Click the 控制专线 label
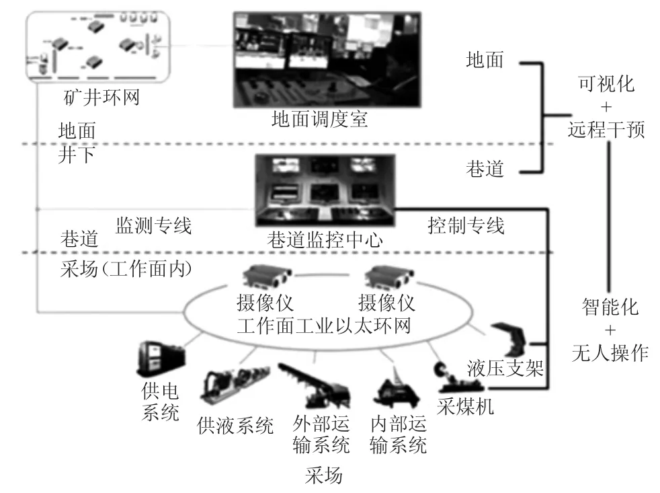click(x=466, y=225)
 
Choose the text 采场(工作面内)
click(x=127, y=270)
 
